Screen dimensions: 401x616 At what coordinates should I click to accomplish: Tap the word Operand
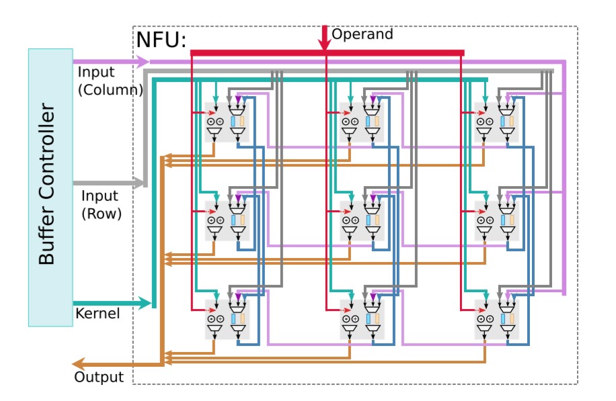coord(362,34)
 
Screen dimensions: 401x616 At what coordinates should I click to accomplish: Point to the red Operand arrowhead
coord(325,44)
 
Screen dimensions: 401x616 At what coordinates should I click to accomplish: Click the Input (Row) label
coord(100,205)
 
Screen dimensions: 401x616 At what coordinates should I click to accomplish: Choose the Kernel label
coord(98,313)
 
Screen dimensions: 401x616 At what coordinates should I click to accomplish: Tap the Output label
coord(99,377)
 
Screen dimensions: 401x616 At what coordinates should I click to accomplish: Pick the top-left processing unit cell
coord(227,122)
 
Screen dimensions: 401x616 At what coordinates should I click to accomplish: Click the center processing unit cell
coord(362,220)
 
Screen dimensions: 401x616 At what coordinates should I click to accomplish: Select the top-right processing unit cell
coord(497,122)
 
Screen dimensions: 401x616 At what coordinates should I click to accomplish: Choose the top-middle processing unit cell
coord(362,122)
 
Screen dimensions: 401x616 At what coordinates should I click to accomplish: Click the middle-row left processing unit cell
coord(227,220)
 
